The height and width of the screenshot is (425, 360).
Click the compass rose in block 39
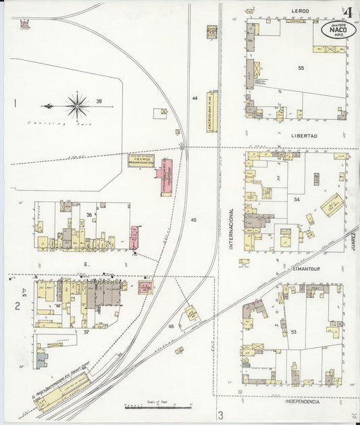(78, 105)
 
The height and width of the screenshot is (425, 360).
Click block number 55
(301, 68)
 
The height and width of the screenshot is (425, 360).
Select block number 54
(297, 199)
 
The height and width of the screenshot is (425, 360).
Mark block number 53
(293, 332)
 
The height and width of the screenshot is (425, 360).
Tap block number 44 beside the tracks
(195, 99)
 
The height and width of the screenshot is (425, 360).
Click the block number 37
(86, 332)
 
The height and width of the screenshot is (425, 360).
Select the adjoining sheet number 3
(220, 414)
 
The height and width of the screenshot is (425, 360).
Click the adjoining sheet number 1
(14, 103)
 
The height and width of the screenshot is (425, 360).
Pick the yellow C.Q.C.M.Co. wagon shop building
(141, 161)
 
